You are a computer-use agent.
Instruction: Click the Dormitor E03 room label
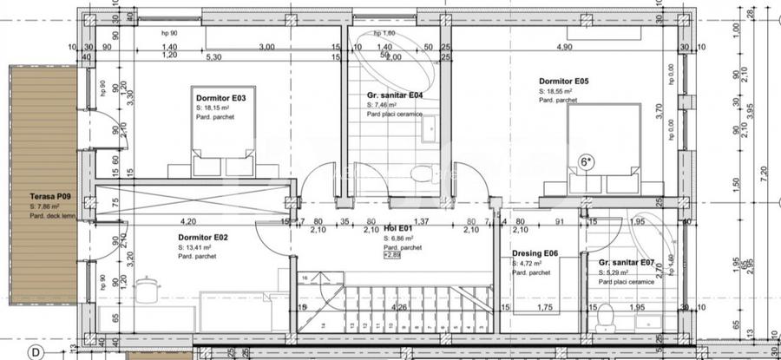pyautogui.click(x=221, y=99)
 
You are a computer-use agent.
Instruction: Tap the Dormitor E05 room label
pyautogui.click(x=564, y=81)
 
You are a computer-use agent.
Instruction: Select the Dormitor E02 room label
pyautogui.click(x=203, y=237)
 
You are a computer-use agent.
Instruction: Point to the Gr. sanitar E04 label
pyautogui.click(x=395, y=95)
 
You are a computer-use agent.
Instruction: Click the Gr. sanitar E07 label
pyautogui.click(x=627, y=262)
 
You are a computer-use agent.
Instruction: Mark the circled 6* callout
pyautogui.click(x=587, y=161)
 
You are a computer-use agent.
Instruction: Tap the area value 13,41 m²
pyautogui.click(x=200, y=246)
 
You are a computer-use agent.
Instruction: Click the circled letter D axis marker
pyautogui.click(x=36, y=352)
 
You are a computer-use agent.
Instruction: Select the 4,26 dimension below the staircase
pyautogui.click(x=400, y=307)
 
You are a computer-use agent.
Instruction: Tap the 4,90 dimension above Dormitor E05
pyautogui.click(x=564, y=47)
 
